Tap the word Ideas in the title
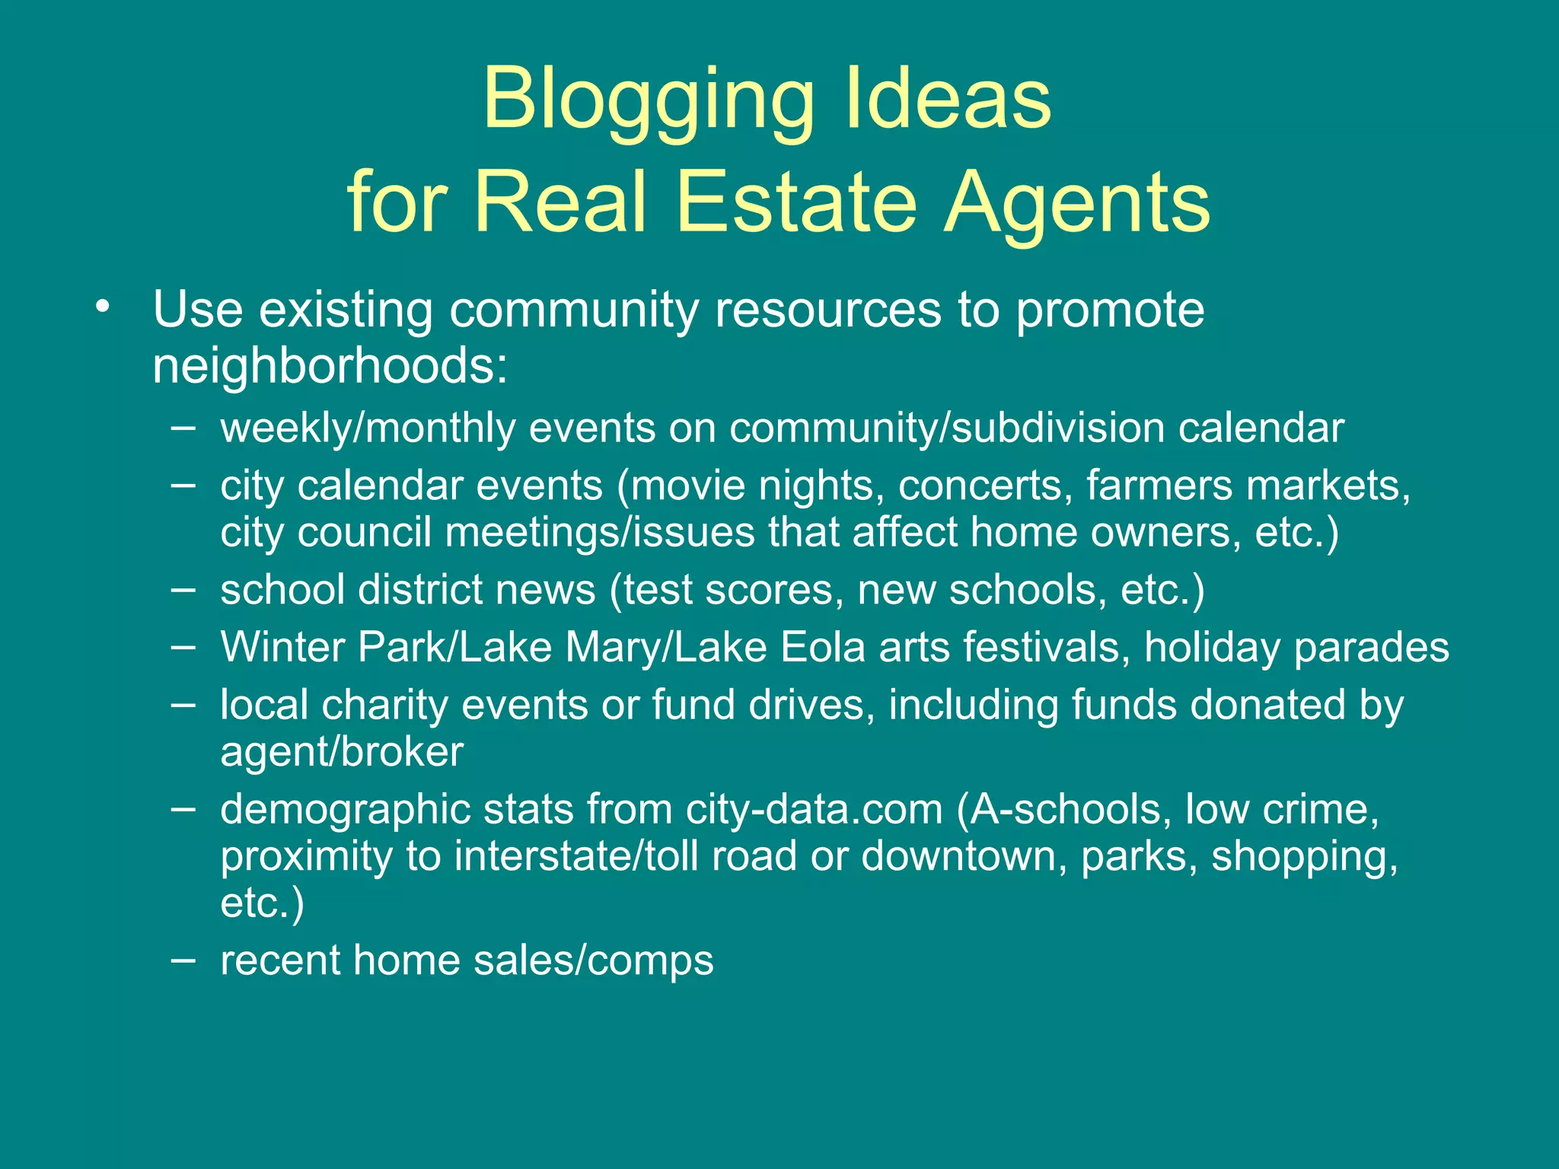947,99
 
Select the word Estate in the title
795,202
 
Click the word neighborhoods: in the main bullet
330,366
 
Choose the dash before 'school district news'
183,589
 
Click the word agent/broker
342,753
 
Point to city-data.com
814,809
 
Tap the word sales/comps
594,960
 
